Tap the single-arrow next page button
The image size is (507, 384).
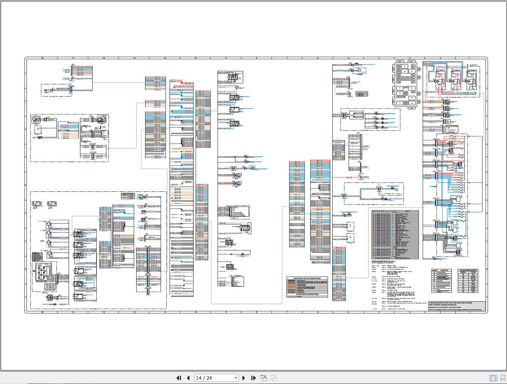tap(244, 378)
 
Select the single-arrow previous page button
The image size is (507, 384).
tap(188, 378)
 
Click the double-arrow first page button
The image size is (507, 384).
tap(179, 378)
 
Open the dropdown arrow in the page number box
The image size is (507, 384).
tap(235, 378)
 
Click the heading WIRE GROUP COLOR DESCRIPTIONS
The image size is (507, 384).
tap(307, 279)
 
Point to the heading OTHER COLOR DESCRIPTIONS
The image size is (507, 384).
tap(307, 294)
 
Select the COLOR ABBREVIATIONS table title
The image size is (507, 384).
tap(468, 270)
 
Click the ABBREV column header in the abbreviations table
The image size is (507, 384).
tap(463, 272)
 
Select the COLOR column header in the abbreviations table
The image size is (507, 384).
tap(473, 272)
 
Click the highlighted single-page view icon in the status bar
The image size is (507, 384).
tap(493, 378)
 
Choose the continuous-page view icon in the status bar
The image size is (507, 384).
tap(502, 378)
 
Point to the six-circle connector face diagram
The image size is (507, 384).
tap(49, 287)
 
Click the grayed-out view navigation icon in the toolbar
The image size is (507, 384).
tap(274, 378)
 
